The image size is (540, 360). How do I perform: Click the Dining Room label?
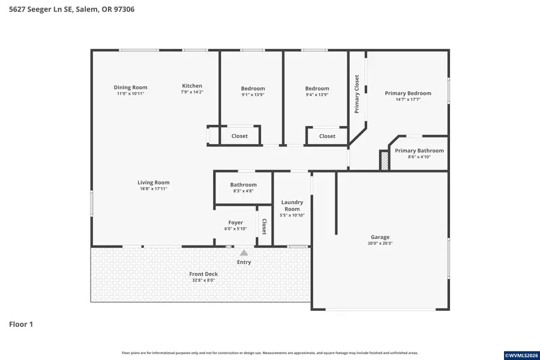130,88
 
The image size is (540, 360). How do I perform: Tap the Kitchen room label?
192,86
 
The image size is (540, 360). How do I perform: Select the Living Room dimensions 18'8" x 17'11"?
154,189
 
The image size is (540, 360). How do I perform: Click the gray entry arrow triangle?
244,253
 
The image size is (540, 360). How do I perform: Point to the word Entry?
244,262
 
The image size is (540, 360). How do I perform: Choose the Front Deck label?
203,274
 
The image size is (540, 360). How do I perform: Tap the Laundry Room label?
292,206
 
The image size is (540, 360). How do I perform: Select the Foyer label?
235,223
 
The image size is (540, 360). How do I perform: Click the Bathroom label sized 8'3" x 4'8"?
243,185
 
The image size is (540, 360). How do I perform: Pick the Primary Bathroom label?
419,151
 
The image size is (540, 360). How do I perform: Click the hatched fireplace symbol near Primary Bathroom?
384,160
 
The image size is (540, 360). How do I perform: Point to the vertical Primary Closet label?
357,94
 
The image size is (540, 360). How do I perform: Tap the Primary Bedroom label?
408,93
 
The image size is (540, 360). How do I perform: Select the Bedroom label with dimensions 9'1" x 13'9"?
253,88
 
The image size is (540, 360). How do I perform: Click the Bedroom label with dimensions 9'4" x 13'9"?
317,88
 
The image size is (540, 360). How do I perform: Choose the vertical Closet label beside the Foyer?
263,226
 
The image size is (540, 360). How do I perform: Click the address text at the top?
71,9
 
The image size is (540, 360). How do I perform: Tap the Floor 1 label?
21,325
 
